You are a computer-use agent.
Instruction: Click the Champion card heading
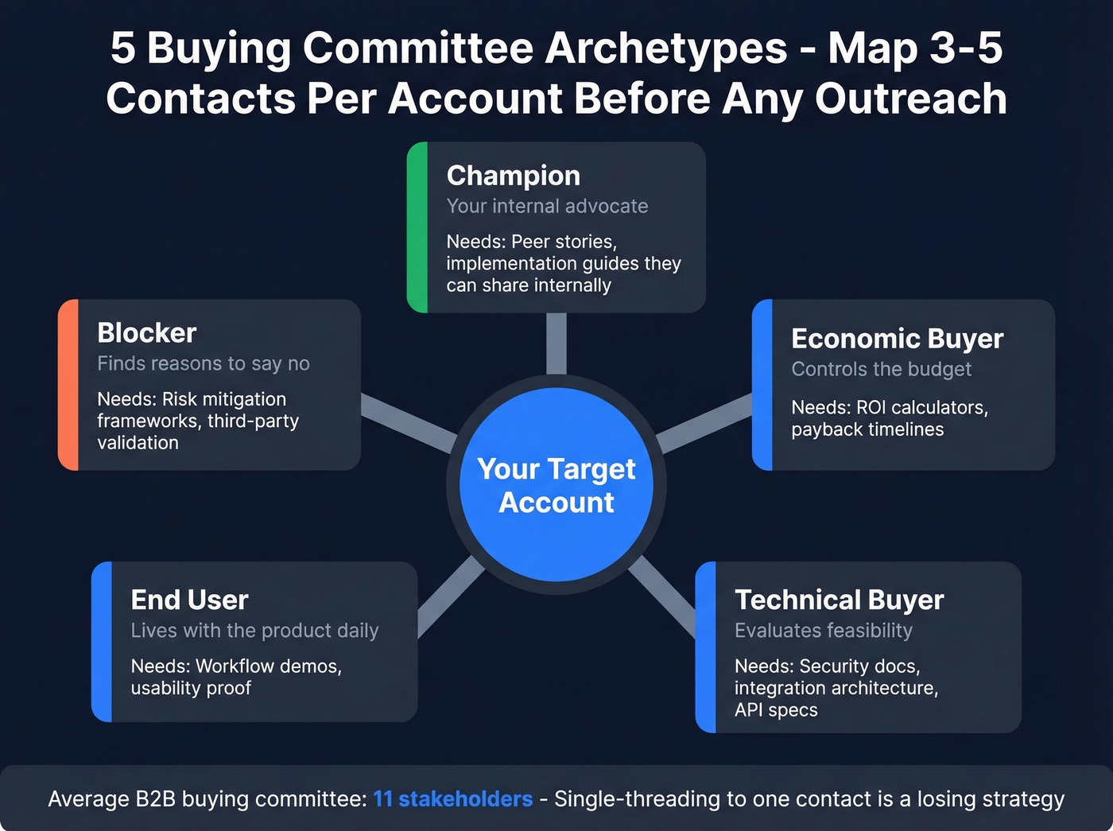coord(513,175)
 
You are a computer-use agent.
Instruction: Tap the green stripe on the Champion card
coord(417,227)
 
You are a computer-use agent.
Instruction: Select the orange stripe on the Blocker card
coord(68,385)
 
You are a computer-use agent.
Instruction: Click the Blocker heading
coord(146,332)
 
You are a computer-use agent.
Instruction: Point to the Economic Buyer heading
coord(897,339)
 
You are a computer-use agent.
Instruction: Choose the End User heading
coord(189,600)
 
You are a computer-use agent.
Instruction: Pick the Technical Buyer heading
coord(839,600)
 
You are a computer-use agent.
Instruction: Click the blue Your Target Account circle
coord(556,485)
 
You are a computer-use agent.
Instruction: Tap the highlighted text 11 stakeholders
coord(452,798)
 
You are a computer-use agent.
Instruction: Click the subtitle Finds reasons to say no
coord(204,363)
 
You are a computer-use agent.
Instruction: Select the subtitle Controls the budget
coord(881,369)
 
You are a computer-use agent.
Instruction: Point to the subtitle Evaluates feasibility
coord(823,631)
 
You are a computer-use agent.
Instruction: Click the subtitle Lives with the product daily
coord(254,631)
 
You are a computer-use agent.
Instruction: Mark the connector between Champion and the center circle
coord(556,344)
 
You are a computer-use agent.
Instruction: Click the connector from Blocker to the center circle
coord(408,421)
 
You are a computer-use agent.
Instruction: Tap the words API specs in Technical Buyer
coord(776,710)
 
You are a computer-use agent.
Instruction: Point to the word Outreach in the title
coord(911,99)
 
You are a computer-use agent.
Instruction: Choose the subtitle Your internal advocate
coord(547,206)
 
